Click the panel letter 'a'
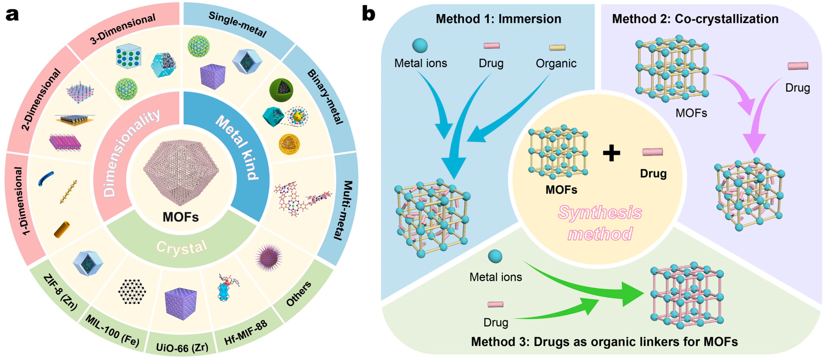coord(12,15)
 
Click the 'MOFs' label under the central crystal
coord(180,217)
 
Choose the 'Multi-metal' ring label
coord(343,210)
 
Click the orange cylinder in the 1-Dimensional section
coord(62,229)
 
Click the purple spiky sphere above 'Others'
coord(269,258)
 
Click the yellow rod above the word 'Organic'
coord(557,48)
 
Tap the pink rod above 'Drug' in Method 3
coord(495,304)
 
